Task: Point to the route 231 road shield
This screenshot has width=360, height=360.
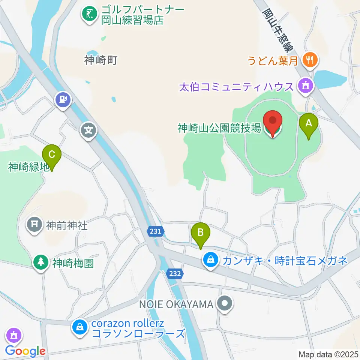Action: point(155,232)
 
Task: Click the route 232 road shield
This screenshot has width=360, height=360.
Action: point(175,274)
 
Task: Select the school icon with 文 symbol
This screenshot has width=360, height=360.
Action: point(88,130)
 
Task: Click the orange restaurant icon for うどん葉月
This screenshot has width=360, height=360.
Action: point(309,59)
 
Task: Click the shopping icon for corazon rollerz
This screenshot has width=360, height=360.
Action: point(80,327)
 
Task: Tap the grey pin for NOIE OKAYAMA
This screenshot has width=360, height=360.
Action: point(225,304)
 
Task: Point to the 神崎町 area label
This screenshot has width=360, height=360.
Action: point(101,60)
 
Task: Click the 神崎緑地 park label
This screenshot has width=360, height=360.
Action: point(28,166)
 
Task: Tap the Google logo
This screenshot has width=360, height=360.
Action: point(25,351)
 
